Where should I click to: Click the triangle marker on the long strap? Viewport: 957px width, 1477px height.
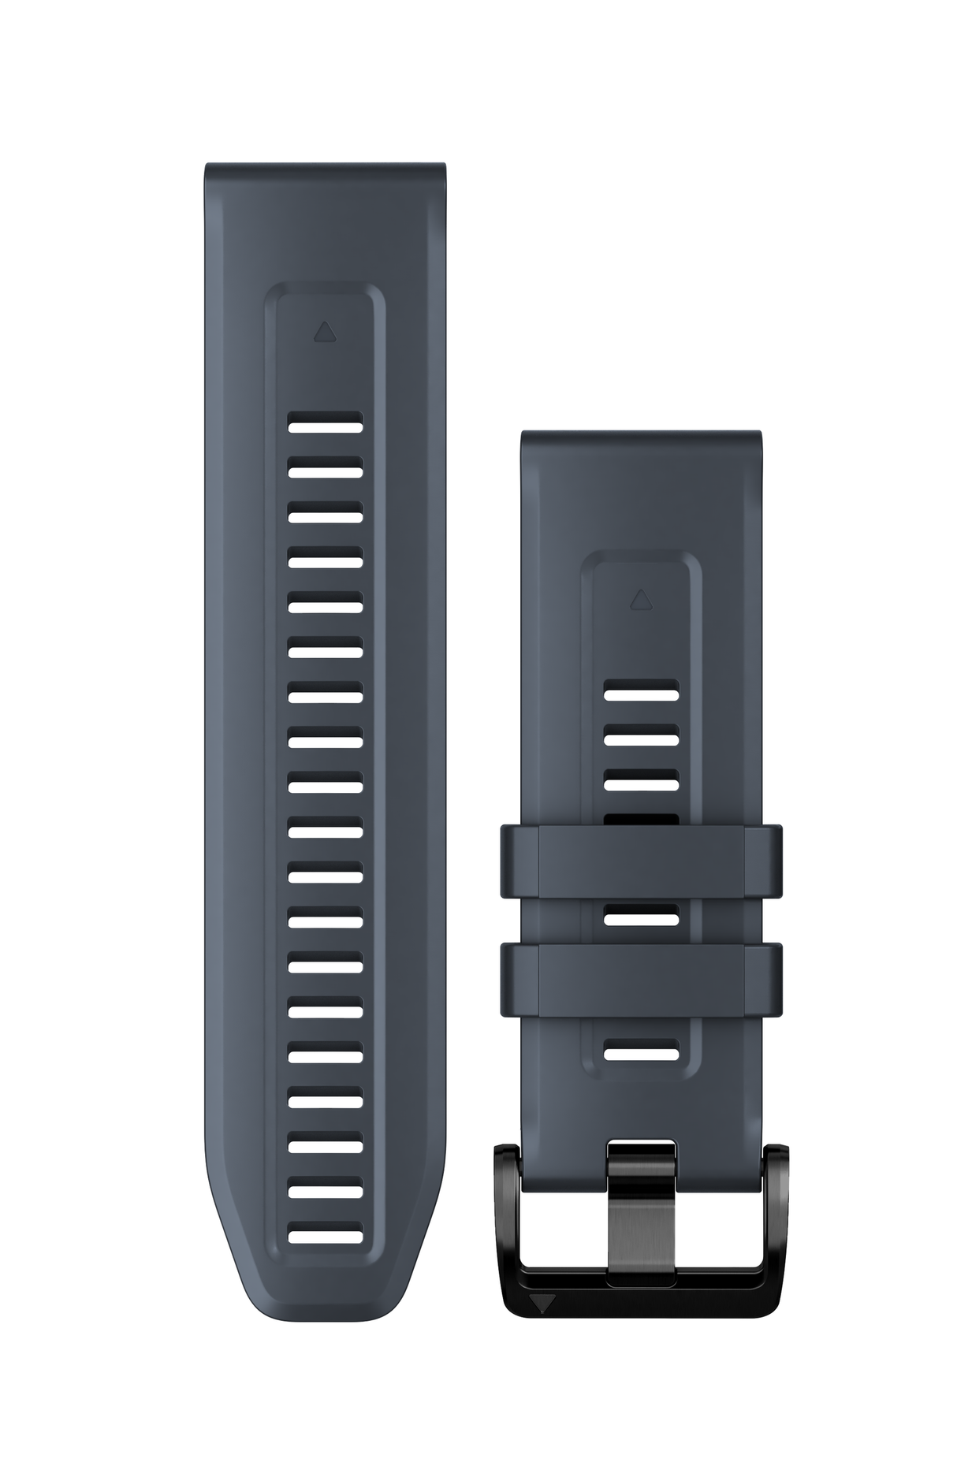(324, 332)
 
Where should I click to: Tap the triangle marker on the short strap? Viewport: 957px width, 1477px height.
(639, 600)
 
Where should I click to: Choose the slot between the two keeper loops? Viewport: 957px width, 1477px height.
(641, 916)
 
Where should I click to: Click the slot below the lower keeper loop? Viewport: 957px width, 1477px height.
(641, 1051)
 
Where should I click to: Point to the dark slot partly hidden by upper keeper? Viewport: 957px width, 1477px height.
(641, 820)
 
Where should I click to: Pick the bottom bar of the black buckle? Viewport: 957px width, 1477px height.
(641, 1301)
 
